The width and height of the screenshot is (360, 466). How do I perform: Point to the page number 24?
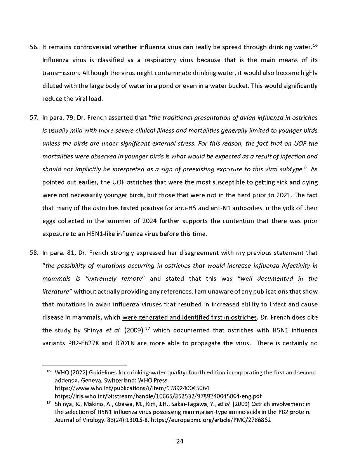180,441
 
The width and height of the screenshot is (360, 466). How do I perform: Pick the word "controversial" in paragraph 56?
92,47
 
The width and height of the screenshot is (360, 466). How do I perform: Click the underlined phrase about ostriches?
190,318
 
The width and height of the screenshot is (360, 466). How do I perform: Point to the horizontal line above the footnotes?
84,365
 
